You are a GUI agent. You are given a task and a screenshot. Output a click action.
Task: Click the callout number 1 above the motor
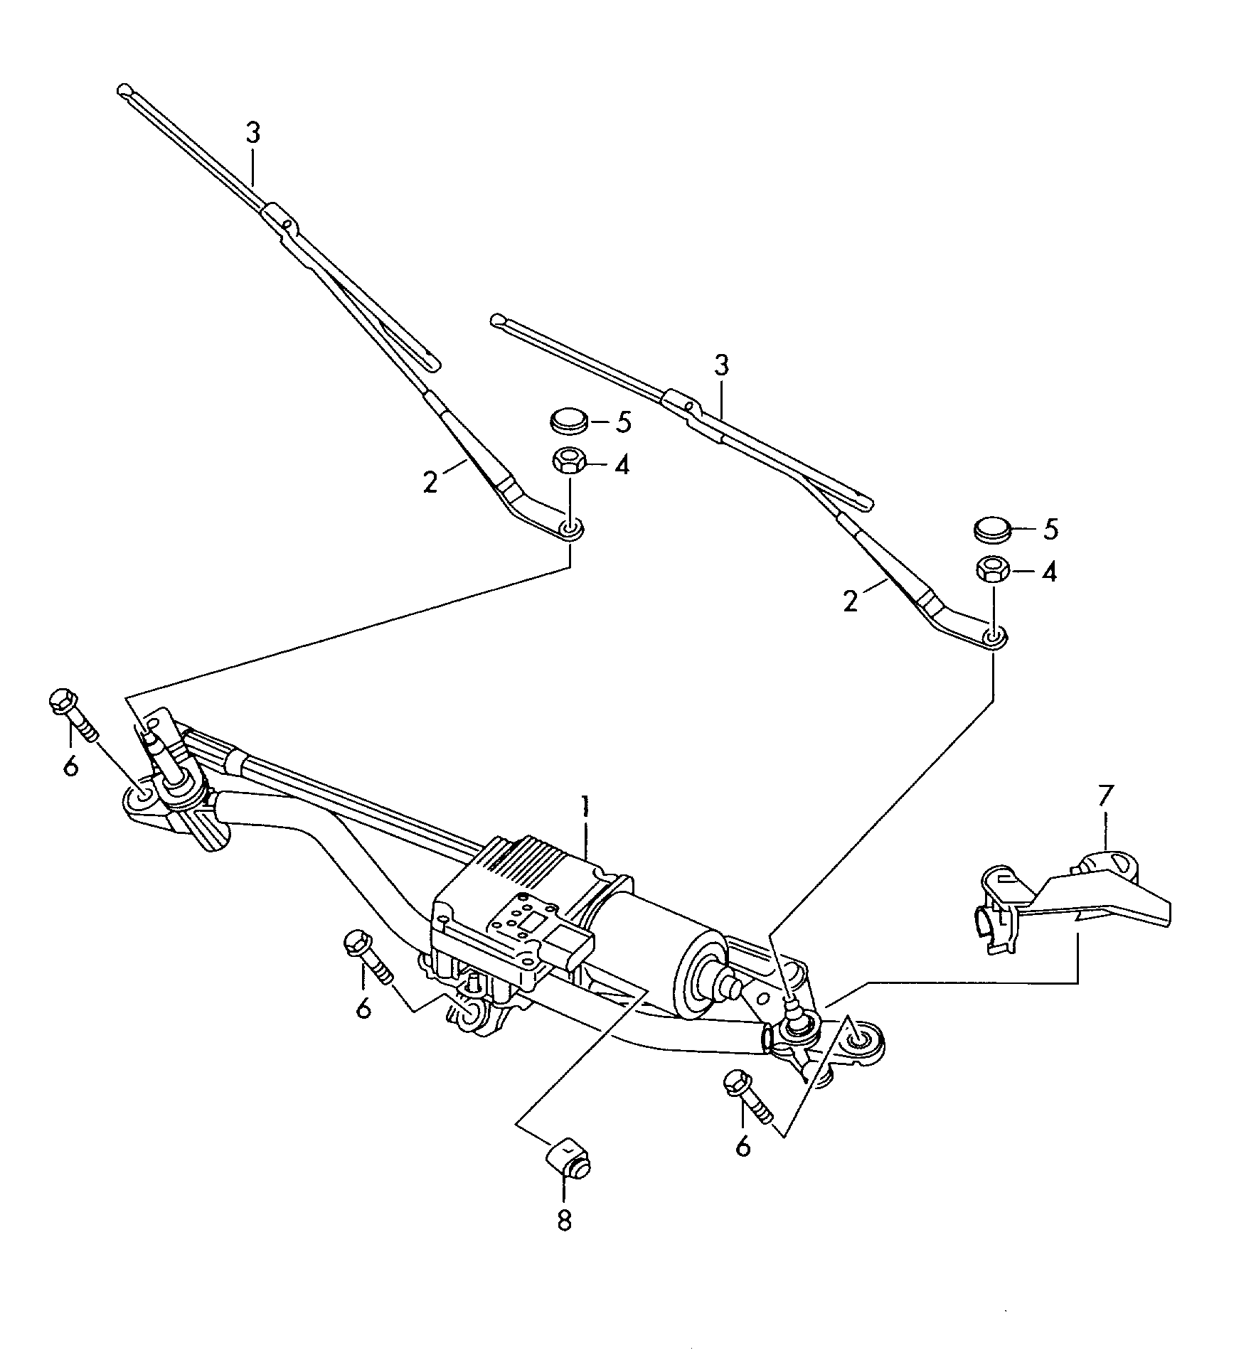585,809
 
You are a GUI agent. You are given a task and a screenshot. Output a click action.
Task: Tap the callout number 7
1105,796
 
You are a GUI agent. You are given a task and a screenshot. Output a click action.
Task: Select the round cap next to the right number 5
991,529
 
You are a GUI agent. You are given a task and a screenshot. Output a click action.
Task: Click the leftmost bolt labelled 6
74,717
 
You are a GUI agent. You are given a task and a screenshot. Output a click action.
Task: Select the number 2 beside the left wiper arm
430,483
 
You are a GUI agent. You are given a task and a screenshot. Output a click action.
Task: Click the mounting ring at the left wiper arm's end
570,528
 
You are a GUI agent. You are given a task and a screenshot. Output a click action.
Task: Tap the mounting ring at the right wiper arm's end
994,636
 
